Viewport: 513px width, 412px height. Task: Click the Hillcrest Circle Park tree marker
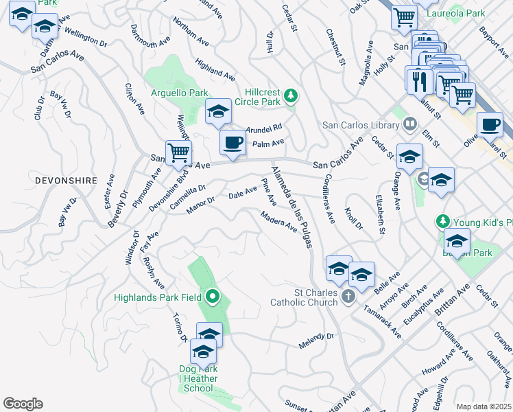[291, 96]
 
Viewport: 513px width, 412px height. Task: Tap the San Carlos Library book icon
[410, 124]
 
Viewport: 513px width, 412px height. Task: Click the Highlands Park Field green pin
[213, 297]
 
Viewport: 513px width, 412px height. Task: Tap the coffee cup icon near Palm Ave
[232, 143]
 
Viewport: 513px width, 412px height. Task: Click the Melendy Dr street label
[315, 340]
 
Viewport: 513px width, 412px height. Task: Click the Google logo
[23, 404]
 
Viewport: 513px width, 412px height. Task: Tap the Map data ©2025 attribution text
[484, 407]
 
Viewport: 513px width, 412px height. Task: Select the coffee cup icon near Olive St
[490, 125]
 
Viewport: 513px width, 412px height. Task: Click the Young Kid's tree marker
[443, 222]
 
